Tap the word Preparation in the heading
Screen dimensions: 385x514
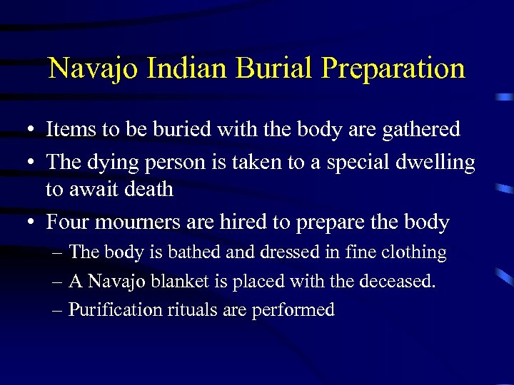coord(393,70)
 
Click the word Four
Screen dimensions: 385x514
coord(66,222)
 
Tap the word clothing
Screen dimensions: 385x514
coord(417,253)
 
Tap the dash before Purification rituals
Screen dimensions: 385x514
coord(57,310)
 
